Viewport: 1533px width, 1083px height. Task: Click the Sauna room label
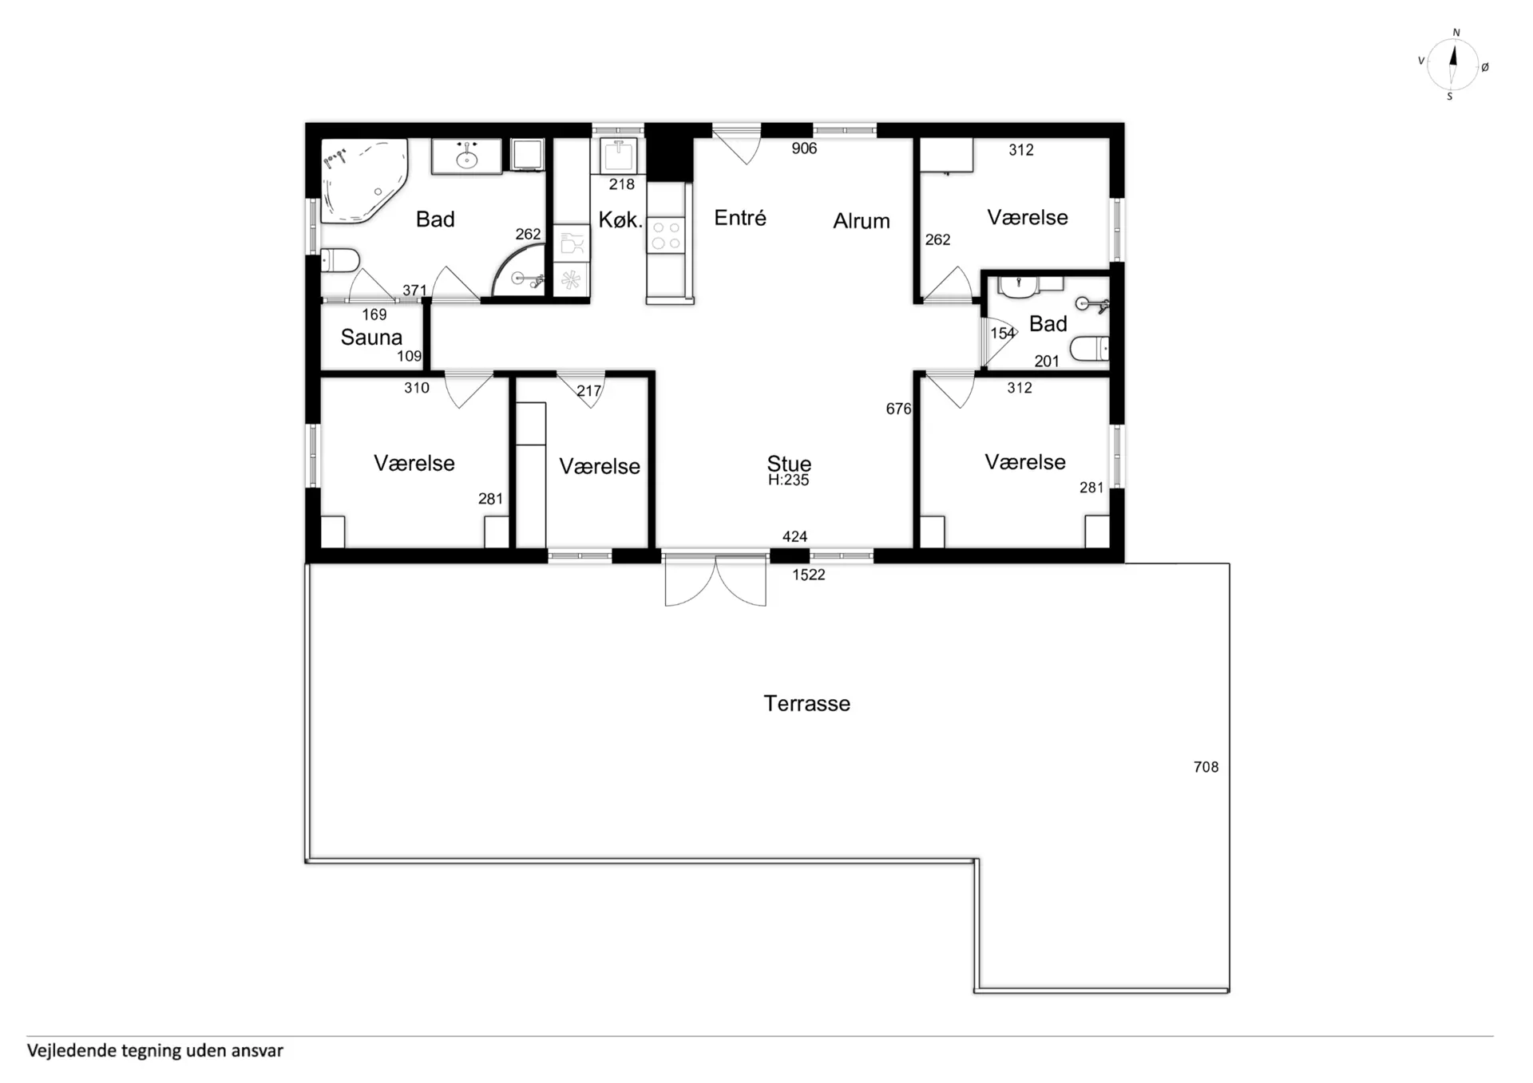(371, 337)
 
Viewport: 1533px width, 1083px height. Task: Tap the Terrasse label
(806, 703)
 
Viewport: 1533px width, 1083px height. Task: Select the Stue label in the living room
(789, 463)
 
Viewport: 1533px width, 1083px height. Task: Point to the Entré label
(740, 217)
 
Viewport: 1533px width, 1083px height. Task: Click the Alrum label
(862, 220)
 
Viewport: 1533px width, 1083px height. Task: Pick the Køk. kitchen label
(620, 219)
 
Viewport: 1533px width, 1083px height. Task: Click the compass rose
(1452, 64)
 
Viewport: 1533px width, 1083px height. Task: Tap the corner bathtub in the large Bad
(363, 181)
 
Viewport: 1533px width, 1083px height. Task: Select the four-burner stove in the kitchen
(666, 235)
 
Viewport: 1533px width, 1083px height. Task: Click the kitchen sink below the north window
(618, 155)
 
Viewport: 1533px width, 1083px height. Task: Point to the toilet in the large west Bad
(340, 260)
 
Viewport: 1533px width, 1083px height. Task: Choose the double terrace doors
(715, 579)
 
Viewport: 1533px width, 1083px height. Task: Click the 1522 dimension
(808, 575)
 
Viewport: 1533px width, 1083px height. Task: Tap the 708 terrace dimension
(1206, 767)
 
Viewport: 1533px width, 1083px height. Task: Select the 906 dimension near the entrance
(804, 148)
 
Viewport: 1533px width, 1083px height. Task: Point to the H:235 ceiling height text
(788, 480)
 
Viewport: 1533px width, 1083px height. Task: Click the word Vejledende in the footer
(72, 1051)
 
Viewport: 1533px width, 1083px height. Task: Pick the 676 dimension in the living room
(898, 409)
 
